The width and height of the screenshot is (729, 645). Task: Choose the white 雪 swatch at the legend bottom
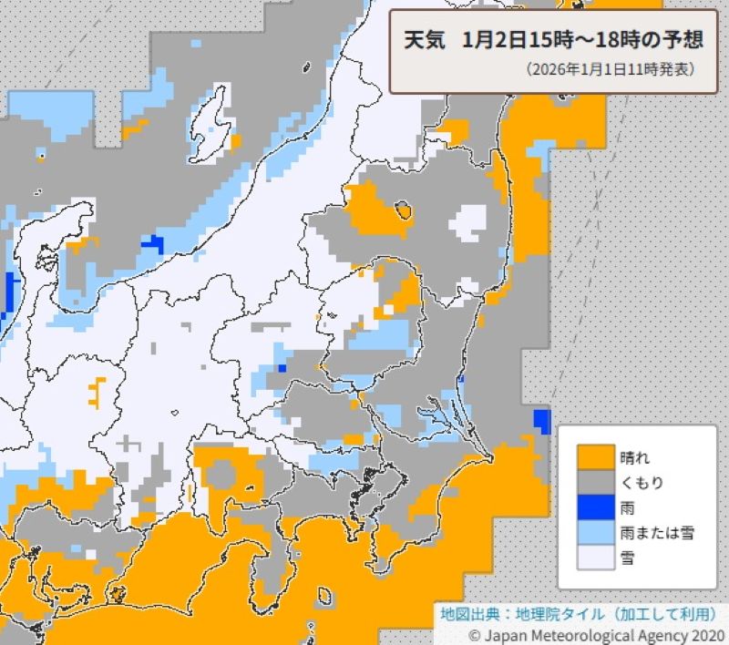(x=596, y=558)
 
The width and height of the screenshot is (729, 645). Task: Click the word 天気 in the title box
(x=422, y=41)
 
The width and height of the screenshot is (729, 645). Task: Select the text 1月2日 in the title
(x=493, y=41)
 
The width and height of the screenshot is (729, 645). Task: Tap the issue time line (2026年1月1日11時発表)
(x=611, y=69)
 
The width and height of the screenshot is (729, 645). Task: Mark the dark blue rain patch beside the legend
(x=541, y=421)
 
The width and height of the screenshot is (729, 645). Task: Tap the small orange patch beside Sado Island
(x=236, y=142)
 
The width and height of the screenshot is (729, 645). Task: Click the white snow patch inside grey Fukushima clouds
(x=470, y=220)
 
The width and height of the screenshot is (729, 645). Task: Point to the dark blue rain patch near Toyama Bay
(x=151, y=243)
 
